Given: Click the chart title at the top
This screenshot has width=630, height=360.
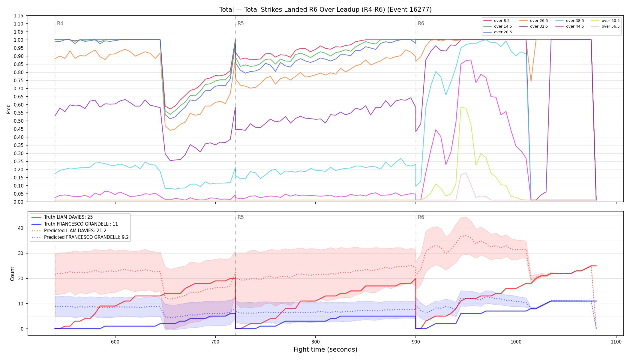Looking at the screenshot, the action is pyautogui.click(x=325, y=10).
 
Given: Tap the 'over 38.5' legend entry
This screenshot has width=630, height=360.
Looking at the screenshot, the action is pyautogui.click(x=569, y=21).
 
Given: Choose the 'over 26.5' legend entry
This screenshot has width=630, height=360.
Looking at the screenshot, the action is pyautogui.click(x=533, y=21).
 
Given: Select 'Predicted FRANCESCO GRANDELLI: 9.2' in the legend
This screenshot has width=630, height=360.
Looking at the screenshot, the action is pyautogui.click(x=80, y=237).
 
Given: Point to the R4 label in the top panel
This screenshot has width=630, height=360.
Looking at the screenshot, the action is pyautogui.click(x=60, y=23).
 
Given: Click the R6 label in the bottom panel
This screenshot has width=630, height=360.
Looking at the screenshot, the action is pyautogui.click(x=421, y=217).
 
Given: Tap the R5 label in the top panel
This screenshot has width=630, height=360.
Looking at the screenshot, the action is pyautogui.click(x=241, y=23).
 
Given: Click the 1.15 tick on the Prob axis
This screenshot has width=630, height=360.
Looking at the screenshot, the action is pyautogui.click(x=19, y=16).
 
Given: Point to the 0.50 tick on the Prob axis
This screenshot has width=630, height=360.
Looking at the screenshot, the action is pyautogui.click(x=19, y=121).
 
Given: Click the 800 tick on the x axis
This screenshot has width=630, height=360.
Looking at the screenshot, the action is pyautogui.click(x=316, y=342).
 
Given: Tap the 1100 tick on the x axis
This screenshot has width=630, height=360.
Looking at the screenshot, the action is pyautogui.click(x=616, y=342).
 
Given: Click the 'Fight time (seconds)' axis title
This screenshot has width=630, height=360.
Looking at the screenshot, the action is pyautogui.click(x=325, y=349).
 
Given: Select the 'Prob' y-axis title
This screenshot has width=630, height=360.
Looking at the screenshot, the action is pyautogui.click(x=8, y=109).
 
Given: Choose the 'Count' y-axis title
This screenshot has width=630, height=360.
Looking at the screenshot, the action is pyautogui.click(x=12, y=274).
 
